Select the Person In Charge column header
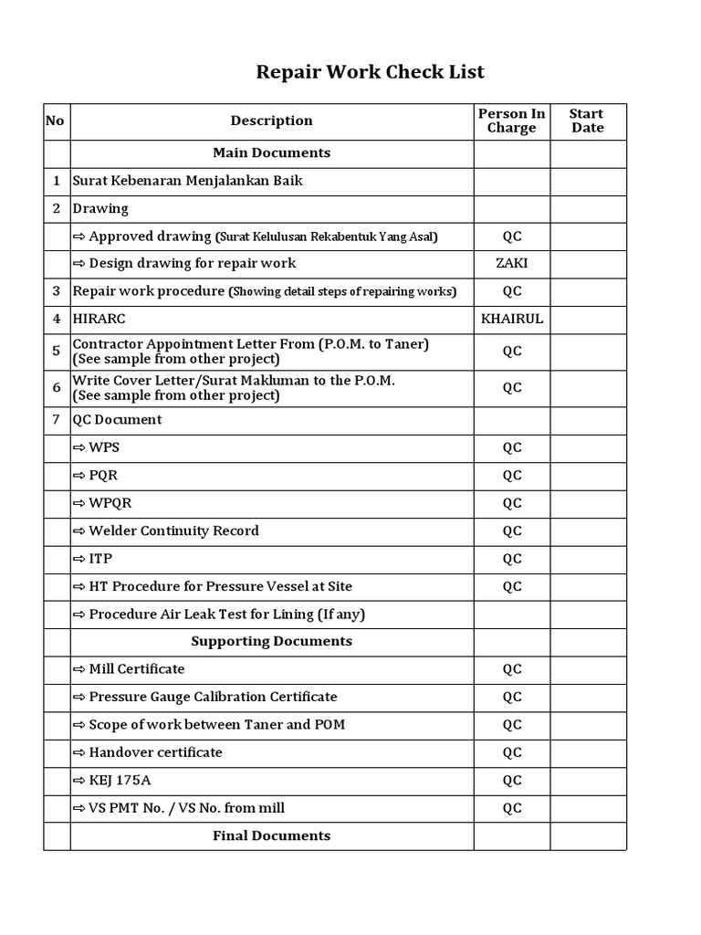511,121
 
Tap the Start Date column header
586,121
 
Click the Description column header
271,121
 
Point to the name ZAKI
511,264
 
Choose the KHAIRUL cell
511,320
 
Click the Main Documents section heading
271,153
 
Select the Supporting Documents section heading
271,642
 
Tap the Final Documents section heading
271,835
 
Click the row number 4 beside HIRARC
57,320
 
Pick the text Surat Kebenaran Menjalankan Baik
187,181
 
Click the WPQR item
110,503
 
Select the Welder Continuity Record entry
173,531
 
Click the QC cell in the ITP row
511,559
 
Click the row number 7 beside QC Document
57,420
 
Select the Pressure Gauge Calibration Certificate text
212,697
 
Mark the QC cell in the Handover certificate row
511,752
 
